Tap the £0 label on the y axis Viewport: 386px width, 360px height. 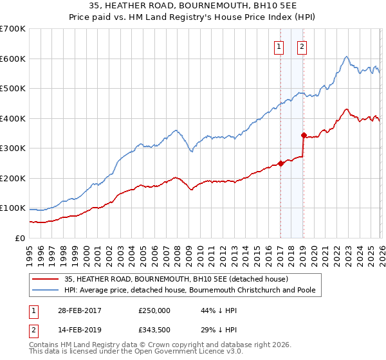[x=20, y=239]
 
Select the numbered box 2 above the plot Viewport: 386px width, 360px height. [x=302, y=46]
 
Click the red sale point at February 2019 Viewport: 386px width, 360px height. [x=303, y=135]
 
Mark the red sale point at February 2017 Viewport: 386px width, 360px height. [x=280, y=163]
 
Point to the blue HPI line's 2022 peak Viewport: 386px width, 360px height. [x=346, y=57]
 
